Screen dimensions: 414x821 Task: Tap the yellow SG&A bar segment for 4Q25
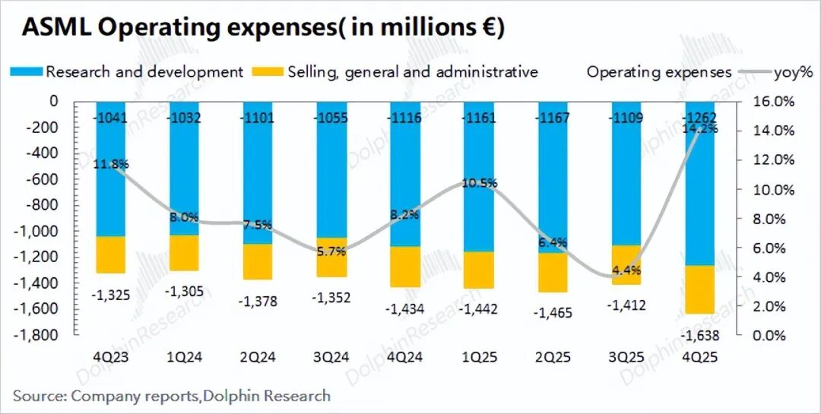[708, 289]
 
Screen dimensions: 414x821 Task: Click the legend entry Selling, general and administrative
[413, 72]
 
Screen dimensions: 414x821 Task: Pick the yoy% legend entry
[793, 72]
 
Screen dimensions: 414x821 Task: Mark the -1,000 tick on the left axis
[39, 231]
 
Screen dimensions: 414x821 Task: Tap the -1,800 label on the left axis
[39, 335]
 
